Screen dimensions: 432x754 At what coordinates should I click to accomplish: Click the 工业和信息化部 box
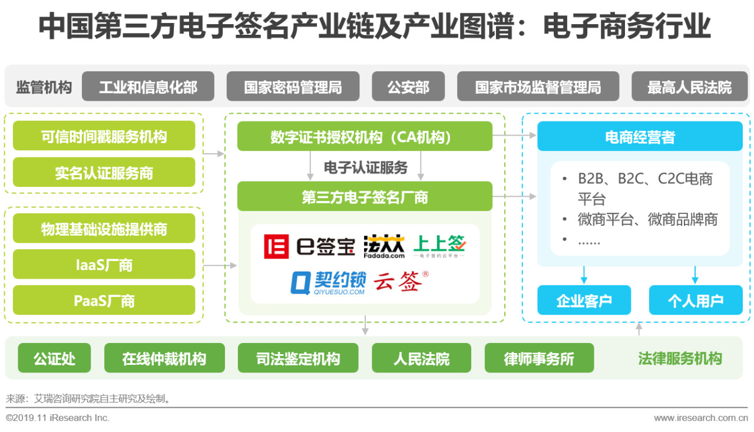pyautogui.click(x=148, y=87)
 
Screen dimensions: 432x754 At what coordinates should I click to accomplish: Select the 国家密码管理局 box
pyautogui.click(x=293, y=87)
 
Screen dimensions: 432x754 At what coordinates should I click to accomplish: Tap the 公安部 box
pyautogui.click(x=408, y=87)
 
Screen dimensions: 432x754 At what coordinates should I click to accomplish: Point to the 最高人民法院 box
pyautogui.click(x=689, y=87)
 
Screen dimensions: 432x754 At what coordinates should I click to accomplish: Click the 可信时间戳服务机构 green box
pyautogui.click(x=104, y=136)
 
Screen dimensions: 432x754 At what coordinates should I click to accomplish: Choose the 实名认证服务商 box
pyautogui.click(x=104, y=172)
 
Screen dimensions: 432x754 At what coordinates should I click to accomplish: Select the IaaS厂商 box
pyautogui.click(x=104, y=265)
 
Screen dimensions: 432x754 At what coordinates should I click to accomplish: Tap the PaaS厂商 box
pyautogui.click(x=104, y=301)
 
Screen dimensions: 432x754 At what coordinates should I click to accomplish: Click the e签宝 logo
pyautogui.click(x=309, y=246)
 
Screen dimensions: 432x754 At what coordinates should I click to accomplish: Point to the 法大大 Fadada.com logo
pyautogui.click(x=385, y=246)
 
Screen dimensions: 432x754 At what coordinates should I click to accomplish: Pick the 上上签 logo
pyautogui.click(x=439, y=246)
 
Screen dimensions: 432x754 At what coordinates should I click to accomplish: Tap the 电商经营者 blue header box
pyautogui.click(x=640, y=137)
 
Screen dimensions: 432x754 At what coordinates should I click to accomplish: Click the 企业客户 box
pyautogui.click(x=584, y=300)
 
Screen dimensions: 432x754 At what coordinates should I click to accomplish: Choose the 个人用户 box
pyautogui.click(x=695, y=300)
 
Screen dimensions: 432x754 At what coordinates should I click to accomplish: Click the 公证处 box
pyautogui.click(x=55, y=358)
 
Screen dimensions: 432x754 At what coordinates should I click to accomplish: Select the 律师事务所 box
pyautogui.click(x=539, y=358)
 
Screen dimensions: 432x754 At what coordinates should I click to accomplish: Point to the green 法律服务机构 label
pyautogui.click(x=680, y=358)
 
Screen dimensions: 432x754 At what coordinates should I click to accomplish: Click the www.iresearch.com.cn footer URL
pyautogui.click(x=701, y=418)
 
